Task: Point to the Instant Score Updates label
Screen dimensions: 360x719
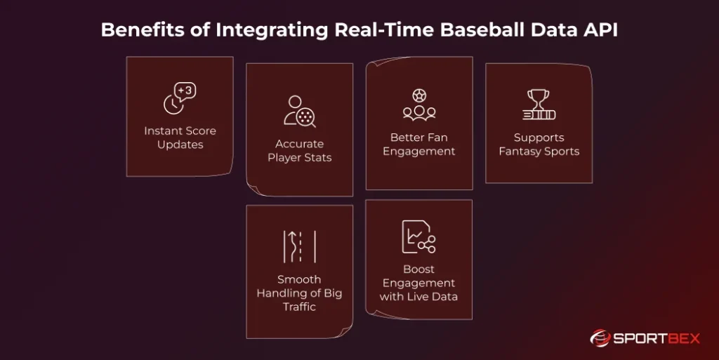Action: (180, 138)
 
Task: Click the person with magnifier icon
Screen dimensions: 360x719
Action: (300, 111)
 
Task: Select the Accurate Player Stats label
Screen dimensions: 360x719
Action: (299, 151)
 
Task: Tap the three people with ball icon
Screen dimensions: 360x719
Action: (419, 104)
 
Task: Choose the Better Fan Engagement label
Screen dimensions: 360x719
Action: (419, 145)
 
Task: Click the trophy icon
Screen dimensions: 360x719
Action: (539, 105)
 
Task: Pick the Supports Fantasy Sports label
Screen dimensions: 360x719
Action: (539, 145)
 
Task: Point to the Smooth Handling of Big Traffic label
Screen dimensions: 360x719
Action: (299, 293)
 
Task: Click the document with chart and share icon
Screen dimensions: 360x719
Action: (418, 236)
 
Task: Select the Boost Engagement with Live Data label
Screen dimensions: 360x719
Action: (418, 283)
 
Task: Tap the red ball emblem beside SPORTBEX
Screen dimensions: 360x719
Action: (600, 338)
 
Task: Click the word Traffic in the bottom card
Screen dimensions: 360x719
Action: (299, 307)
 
